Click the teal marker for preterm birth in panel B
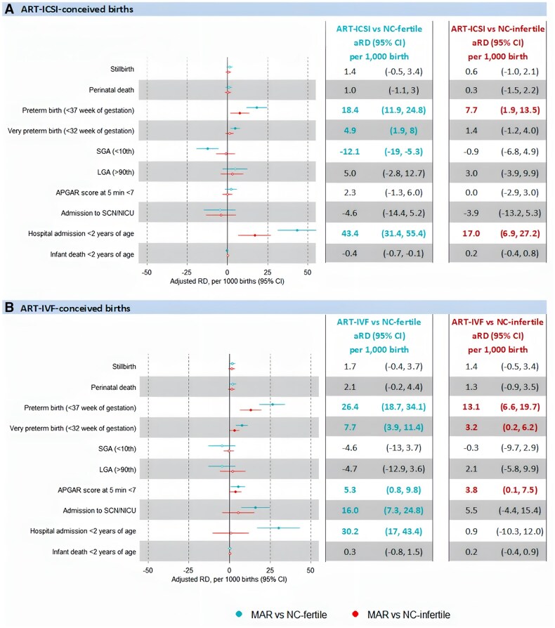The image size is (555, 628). [272, 404]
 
